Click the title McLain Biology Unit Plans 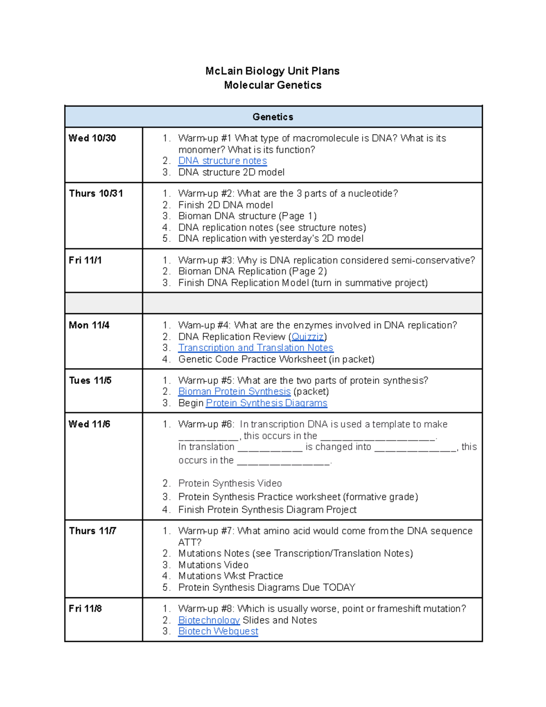click(272, 71)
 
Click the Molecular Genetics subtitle click(273, 85)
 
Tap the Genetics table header click(273, 117)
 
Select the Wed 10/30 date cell click(92, 138)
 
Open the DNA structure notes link click(222, 161)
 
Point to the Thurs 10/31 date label click(96, 193)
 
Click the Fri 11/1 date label click(85, 260)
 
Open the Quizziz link click(308, 337)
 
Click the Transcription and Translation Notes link click(256, 348)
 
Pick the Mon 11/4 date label click(89, 325)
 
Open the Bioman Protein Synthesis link click(234, 392)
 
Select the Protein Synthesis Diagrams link click(267, 403)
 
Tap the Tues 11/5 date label click(90, 381)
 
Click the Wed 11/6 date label click(89, 424)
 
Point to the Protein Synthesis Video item click(230, 483)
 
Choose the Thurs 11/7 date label click(93, 531)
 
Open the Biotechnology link click(209, 620)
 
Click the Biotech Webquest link click(218, 631)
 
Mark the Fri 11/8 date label click(85, 609)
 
